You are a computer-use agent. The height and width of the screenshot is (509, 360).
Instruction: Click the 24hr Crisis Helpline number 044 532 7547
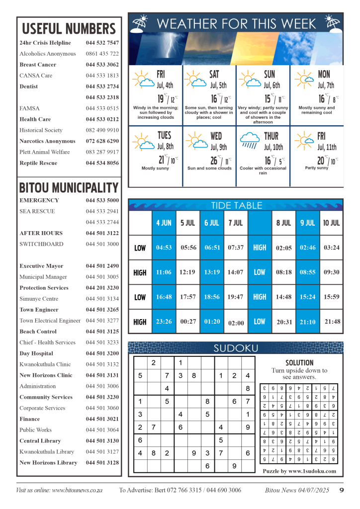click(102, 43)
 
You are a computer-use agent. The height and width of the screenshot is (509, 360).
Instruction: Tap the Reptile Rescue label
click(38, 163)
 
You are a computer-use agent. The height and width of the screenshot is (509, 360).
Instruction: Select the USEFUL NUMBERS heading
click(69, 28)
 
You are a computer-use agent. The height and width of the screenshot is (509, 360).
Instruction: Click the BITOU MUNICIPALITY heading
click(69, 188)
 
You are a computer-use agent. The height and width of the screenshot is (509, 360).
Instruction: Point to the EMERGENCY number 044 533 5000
click(102, 200)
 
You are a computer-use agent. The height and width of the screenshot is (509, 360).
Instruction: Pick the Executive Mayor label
click(41, 266)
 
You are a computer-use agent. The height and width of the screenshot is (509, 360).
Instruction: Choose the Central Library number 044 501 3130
click(102, 441)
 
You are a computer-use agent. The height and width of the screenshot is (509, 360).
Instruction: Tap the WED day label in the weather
click(216, 136)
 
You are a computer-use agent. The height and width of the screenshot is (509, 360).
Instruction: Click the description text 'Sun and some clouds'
click(209, 169)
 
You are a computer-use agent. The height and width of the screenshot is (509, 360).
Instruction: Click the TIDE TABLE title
click(235, 205)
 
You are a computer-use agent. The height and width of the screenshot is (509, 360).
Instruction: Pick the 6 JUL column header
click(211, 223)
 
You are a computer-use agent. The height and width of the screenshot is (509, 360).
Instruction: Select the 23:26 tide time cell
click(164, 322)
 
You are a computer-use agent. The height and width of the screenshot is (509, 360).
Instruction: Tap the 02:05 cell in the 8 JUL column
click(283, 248)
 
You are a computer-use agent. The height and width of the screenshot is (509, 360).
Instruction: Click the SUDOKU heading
click(236, 348)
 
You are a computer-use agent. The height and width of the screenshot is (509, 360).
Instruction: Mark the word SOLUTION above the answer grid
click(299, 363)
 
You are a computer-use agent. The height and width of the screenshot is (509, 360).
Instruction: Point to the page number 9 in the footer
click(342, 490)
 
